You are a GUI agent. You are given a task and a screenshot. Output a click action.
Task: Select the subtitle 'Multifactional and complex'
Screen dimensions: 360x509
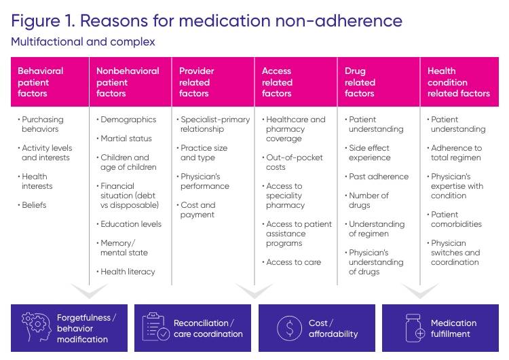(83, 42)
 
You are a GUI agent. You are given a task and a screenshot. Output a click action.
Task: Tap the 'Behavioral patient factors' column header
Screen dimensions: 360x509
(41, 82)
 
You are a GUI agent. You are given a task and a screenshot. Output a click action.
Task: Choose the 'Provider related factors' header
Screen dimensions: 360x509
(197, 82)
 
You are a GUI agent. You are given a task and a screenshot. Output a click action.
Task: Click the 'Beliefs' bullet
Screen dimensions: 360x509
(35, 205)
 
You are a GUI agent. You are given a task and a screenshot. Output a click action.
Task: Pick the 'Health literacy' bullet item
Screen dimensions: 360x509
(128, 272)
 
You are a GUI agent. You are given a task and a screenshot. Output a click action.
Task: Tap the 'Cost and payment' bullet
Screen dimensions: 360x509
(197, 210)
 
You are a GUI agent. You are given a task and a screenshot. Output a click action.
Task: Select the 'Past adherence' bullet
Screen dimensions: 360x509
(378, 177)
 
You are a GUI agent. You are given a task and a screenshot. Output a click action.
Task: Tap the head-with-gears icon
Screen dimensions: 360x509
(35, 327)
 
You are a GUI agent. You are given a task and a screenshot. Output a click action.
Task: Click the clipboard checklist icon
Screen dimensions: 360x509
(155, 327)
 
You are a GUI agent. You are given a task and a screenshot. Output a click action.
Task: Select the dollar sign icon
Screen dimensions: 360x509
(289, 328)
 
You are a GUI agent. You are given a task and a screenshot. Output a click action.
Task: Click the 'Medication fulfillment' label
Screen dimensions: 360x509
(453, 328)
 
